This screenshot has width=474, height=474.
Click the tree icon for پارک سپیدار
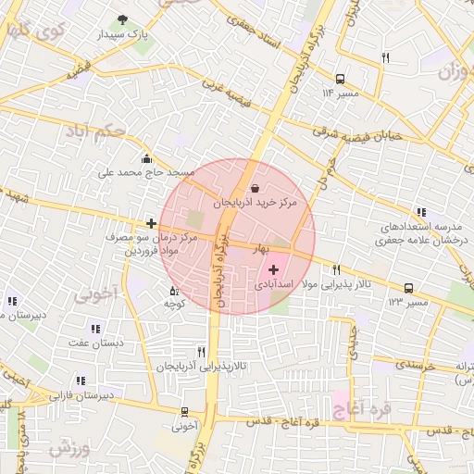[x=123, y=19]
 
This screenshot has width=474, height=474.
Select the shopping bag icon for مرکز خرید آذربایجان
[x=255, y=189]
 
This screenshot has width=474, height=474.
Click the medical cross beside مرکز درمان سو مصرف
[x=151, y=223]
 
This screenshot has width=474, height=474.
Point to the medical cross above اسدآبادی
[x=272, y=269]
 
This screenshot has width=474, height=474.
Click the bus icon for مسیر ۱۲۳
[x=408, y=288]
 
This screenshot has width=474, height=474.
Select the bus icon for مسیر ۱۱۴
[x=341, y=79]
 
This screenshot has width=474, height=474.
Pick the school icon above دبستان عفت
[x=94, y=329]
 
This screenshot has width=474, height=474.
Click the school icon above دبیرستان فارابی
[x=81, y=380]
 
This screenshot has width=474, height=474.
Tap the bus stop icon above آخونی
[x=185, y=412]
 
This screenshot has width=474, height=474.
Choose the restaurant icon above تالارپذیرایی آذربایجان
[x=201, y=352]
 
